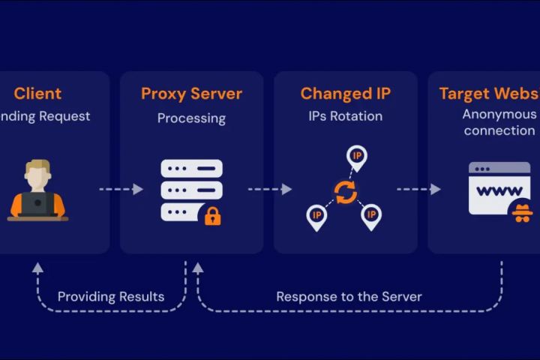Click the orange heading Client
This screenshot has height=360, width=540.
pos(37,94)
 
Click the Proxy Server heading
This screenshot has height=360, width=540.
pos(191,94)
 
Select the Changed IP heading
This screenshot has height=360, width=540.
pos(345,94)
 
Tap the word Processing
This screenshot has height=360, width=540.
pos(191,118)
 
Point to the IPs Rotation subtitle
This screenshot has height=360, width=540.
pos(345,116)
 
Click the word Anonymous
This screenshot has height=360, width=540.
pos(499,114)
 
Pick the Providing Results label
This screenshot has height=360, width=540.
pos(111,296)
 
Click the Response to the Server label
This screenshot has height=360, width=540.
pos(349,296)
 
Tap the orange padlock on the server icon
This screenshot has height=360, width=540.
pos(213,217)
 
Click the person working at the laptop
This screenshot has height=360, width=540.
pos(37,191)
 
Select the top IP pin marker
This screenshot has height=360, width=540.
pos(357,156)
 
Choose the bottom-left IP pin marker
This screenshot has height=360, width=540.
pos(317,215)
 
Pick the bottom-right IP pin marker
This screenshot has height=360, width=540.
pos(370,215)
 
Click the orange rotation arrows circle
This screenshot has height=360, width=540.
pos(345,192)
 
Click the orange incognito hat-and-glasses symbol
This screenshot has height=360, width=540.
pos(520,212)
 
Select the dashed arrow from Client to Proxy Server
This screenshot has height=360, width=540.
pos(121,189)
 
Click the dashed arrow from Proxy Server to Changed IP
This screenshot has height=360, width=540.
pos(269,189)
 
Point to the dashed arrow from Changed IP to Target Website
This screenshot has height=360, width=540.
pos(418,189)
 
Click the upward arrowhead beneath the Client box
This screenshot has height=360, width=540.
pos(37,267)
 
